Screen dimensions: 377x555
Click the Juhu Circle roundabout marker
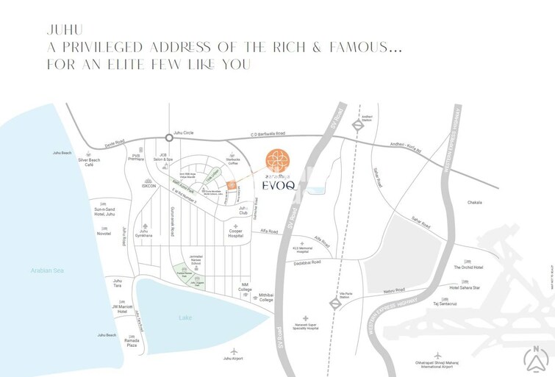point(169,137)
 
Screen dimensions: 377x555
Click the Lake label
point(185,317)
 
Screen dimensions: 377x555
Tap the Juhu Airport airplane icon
point(234,351)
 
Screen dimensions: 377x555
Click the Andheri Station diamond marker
point(357,125)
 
